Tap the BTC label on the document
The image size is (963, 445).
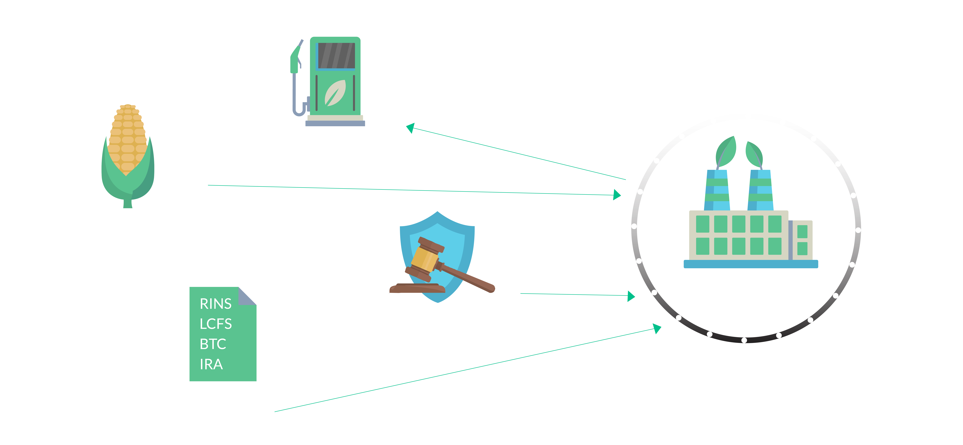click(x=213, y=344)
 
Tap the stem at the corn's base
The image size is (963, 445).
click(x=128, y=204)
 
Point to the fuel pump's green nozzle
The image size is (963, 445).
click(x=295, y=60)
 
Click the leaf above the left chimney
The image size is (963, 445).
click(x=726, y=151)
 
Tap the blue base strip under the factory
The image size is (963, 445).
click(x=751, y=264)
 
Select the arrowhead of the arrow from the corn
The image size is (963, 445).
click(x=617, y=195)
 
